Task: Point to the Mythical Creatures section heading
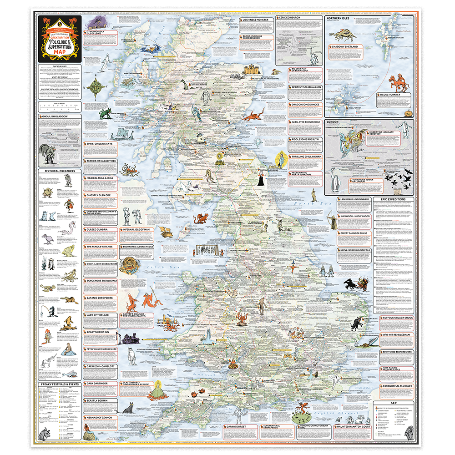click(x=55, y=172)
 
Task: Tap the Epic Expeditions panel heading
click(x=393, y=199)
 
